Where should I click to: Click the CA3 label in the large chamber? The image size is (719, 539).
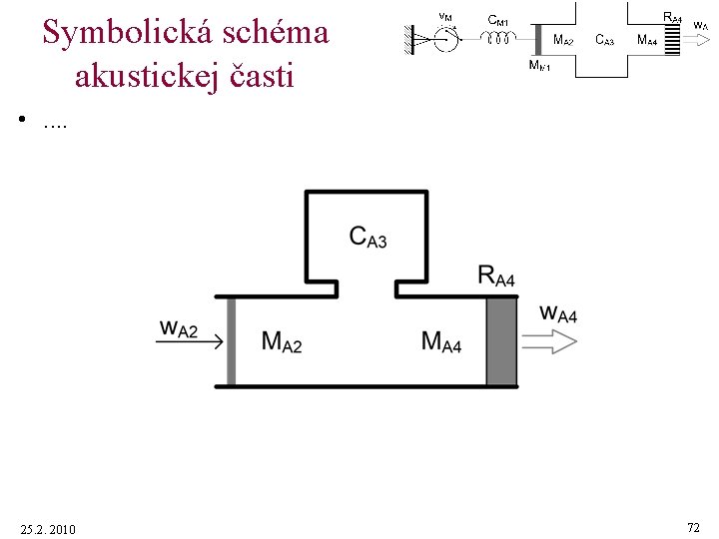[367, 237]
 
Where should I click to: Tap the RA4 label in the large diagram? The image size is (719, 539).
[496, 276]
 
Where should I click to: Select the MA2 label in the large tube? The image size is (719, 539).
[281, 341]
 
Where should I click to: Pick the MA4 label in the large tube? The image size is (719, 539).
[440, 341]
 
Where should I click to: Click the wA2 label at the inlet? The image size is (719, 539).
[179, 328]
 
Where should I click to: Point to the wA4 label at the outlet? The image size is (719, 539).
[558, 313]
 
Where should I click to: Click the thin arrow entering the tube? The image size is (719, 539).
[190, 341]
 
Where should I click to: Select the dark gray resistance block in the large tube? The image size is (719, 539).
[501, 340]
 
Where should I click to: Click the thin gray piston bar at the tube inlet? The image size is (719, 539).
[231, 340]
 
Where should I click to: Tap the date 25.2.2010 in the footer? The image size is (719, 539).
[47, 528]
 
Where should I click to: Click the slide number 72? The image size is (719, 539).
[693, 526]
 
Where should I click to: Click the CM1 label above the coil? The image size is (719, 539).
[498, 20]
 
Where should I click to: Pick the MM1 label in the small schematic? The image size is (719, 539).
[538, 66]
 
